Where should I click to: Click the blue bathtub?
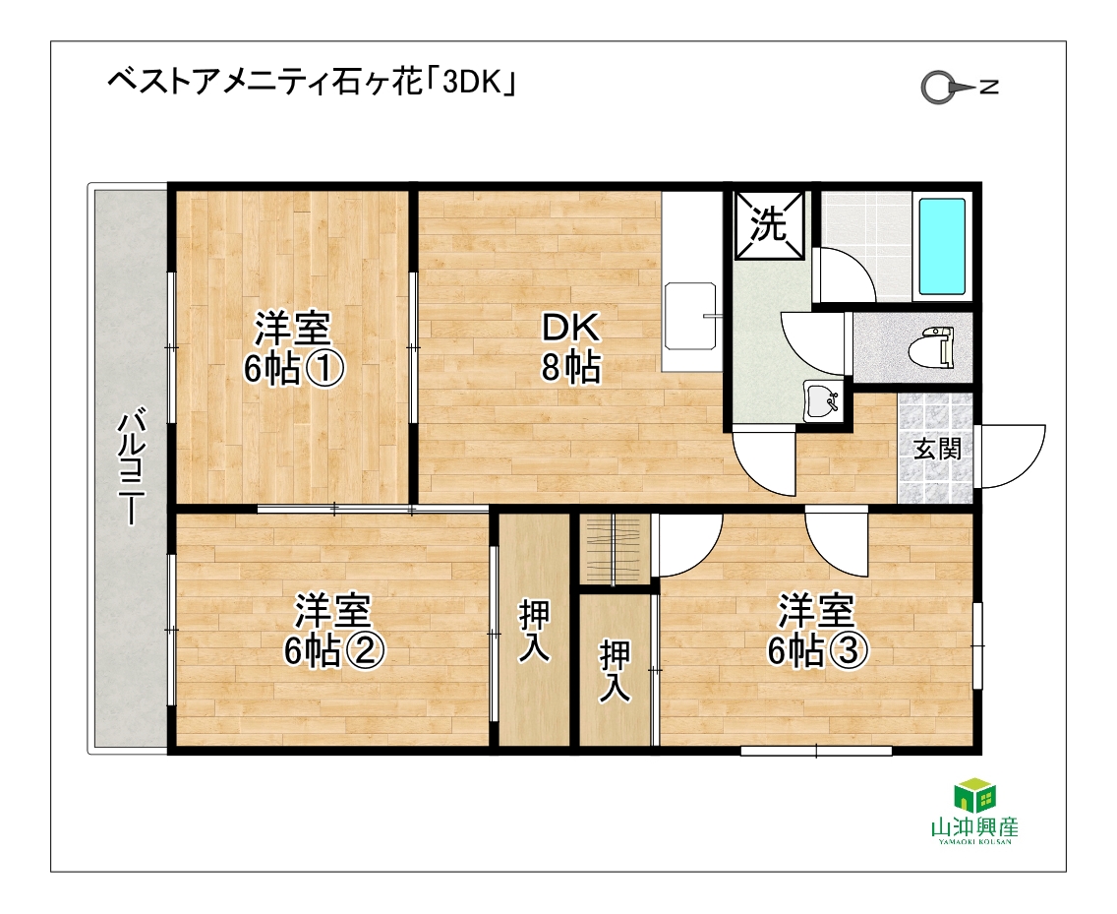pos(942,247)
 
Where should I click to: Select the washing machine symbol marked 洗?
pos(769,224)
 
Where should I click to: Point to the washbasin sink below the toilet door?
pos(823,400)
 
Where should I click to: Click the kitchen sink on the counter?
pos(689,316)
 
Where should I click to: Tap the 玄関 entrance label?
pos(937,450)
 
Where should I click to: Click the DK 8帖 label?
pos(570,347)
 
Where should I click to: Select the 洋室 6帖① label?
pos(293,347)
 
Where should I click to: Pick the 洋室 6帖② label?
pos(334,630)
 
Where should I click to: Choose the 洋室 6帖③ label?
pos(817,630)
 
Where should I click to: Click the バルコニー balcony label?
pos(132,464)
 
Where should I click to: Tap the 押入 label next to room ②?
pos(534,631)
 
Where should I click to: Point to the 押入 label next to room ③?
pos(615,671)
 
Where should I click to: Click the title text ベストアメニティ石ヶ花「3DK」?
pos(312,83)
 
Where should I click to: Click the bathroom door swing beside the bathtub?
pos(845,274)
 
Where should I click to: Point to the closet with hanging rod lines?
pos(615,548)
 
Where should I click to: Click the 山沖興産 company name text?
pos(974,827)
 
